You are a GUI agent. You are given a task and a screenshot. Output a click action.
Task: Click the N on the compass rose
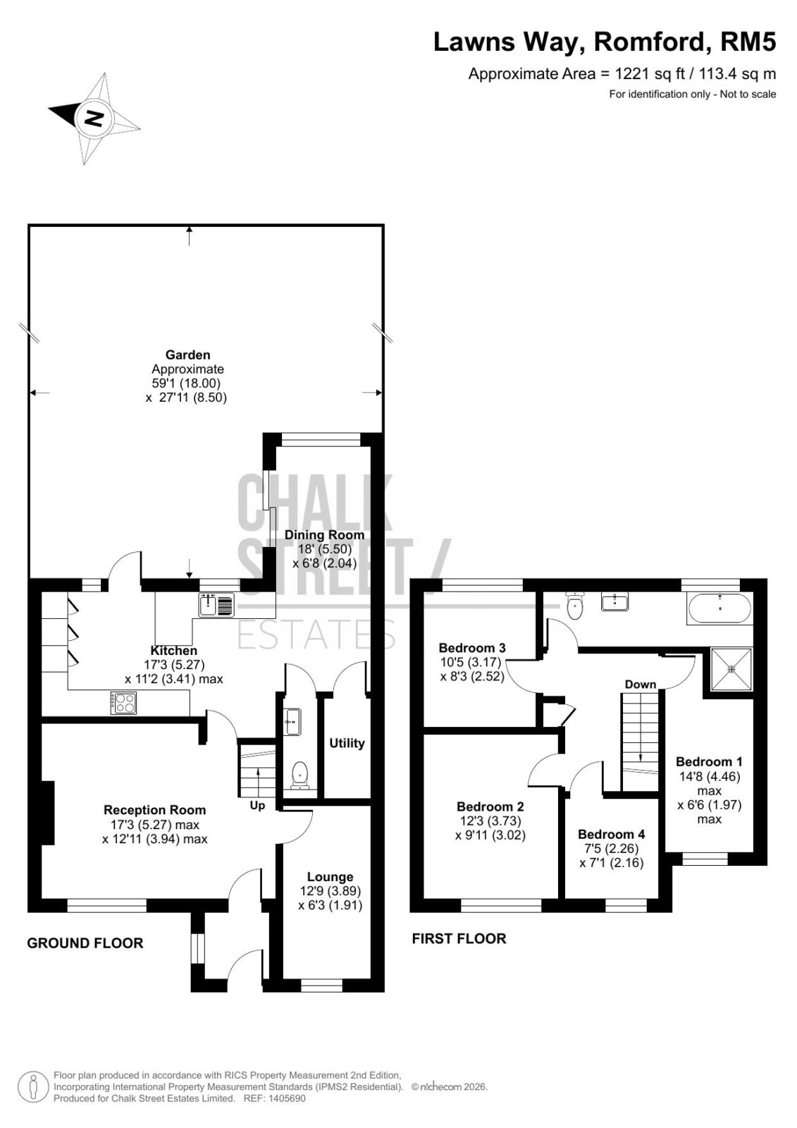coord(94,119)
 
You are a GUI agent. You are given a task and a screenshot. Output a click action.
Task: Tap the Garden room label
coord(187,355)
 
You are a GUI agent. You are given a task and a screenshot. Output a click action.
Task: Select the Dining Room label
coord(324,535)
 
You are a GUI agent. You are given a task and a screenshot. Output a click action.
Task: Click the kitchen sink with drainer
coord(216,605)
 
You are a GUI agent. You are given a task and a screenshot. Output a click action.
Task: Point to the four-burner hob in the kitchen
coord(124,704)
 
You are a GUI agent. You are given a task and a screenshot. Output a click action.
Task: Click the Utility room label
coord(347,743)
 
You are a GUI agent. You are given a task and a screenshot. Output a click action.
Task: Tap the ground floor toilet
coord(300,775)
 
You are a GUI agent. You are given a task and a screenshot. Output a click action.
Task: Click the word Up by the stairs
coord(257,807)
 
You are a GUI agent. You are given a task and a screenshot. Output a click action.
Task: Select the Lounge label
coord(330,877)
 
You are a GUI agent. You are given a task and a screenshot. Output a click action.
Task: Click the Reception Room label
coord(154,810)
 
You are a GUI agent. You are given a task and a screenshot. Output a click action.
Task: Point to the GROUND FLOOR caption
coord(85,943)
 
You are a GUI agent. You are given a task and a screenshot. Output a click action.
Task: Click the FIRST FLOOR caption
coord(459,938)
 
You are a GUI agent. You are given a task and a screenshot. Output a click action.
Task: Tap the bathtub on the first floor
coord(720,609)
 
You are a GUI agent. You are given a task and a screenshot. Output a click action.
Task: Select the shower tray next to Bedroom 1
coord(731,669)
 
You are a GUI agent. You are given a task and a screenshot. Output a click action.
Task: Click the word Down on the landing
coord(641,685)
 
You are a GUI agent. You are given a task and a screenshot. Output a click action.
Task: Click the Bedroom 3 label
coord(472,648)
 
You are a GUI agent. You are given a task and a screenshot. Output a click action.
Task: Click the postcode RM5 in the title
coord(748,42)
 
